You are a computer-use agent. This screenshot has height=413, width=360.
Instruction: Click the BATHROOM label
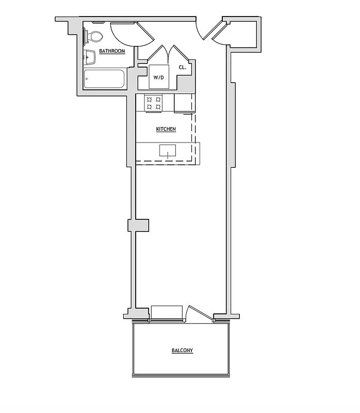[x=112, y=51]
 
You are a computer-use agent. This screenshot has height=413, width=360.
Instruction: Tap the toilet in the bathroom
[x=94, y=36]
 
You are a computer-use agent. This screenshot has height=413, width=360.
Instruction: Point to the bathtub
[x=105, y=80]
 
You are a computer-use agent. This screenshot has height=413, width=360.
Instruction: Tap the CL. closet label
[x=183, y=68]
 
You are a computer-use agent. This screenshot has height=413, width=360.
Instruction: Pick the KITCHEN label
[x=166, y=129]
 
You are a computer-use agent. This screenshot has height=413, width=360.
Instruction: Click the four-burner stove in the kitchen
[x=154, y=103]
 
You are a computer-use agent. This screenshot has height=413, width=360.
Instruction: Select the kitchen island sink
[x=167, y=151]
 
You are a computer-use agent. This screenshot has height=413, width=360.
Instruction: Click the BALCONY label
[x=182, y=351]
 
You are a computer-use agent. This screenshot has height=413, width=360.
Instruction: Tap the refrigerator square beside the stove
[x=184, y=103]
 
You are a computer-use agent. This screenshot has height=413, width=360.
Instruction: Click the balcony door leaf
[x=200, y=314]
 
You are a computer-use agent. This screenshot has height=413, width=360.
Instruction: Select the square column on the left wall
[x=138, y=226]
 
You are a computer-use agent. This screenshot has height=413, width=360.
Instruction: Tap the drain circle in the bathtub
[x=87, y=80]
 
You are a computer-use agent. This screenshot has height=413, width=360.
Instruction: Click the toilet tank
[x=86, y=36]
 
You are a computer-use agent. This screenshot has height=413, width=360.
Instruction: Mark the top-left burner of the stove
[x=150, y=99]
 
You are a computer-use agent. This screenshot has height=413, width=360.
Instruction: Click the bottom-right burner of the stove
[x=158, y=107]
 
